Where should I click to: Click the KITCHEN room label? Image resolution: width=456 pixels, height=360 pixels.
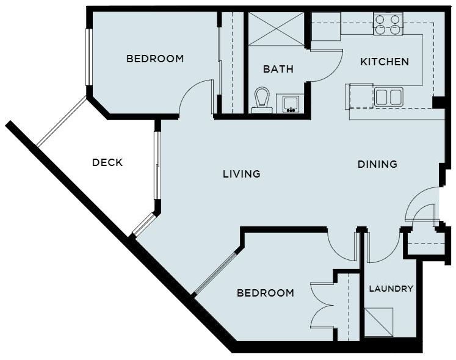[385, 62]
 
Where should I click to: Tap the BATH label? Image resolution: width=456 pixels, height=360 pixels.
[278, 69]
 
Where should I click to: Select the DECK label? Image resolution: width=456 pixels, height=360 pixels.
[107, 162]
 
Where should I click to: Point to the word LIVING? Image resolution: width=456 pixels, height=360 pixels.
[241, 174]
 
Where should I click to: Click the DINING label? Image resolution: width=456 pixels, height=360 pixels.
[377, 164]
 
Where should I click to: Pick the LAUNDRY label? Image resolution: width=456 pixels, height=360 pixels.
[391, 289]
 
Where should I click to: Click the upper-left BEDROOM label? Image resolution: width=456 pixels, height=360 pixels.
[155, 59]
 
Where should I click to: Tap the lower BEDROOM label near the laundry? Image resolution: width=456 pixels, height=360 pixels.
[265, 293]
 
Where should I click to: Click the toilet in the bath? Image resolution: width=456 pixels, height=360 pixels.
[262, 99]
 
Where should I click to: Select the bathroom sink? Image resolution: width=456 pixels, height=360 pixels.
[290, 104]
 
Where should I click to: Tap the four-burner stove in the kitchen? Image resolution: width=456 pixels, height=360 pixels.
[388, 24]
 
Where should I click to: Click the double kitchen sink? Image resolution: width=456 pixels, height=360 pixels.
[388, 97]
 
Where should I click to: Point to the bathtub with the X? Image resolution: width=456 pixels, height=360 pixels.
[276, 29]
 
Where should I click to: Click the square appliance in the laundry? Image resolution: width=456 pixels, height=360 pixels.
[378, 322]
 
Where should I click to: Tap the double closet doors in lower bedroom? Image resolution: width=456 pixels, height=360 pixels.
[321, 305]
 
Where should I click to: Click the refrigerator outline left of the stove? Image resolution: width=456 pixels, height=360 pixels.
[326, 26]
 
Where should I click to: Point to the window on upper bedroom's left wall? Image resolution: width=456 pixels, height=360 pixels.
[89, 57]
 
